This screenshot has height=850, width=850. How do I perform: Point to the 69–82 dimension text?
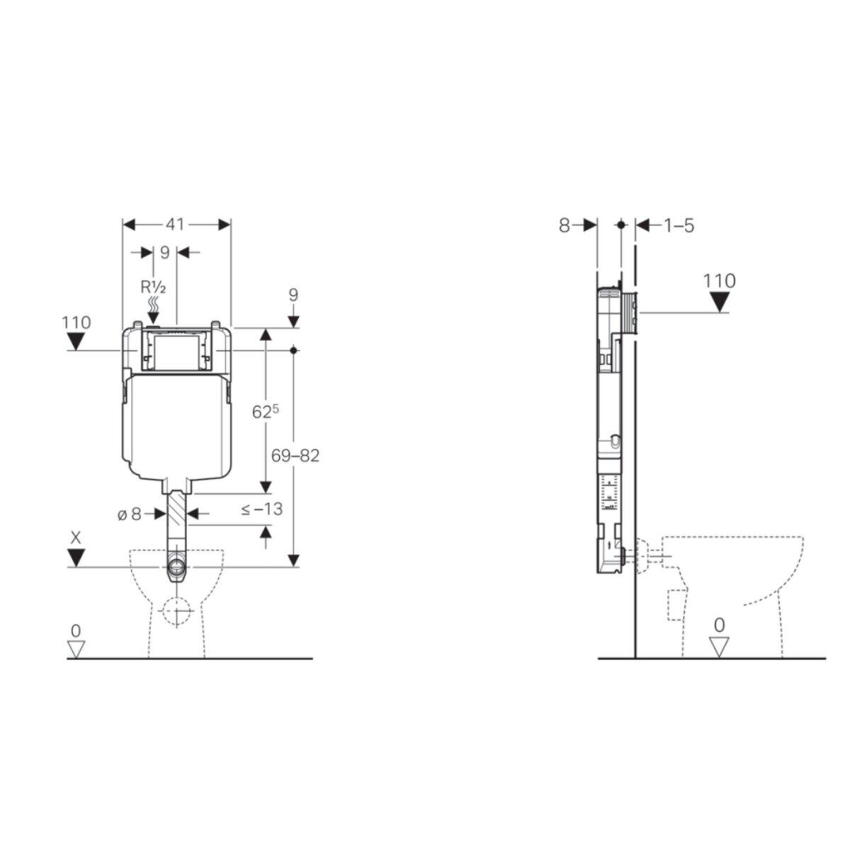coord(297,455)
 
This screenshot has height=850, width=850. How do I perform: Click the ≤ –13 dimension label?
coord(261,509)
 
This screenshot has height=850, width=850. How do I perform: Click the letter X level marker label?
coord(76,538)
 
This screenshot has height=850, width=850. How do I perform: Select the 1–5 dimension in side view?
coord(678,225)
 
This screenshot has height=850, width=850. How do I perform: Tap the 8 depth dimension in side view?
coord(564,225)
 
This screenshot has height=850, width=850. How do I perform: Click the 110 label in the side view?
coord(720,280)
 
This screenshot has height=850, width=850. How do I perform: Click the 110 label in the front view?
coord(76,322)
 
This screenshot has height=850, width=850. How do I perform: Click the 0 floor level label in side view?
coord(720,625)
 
